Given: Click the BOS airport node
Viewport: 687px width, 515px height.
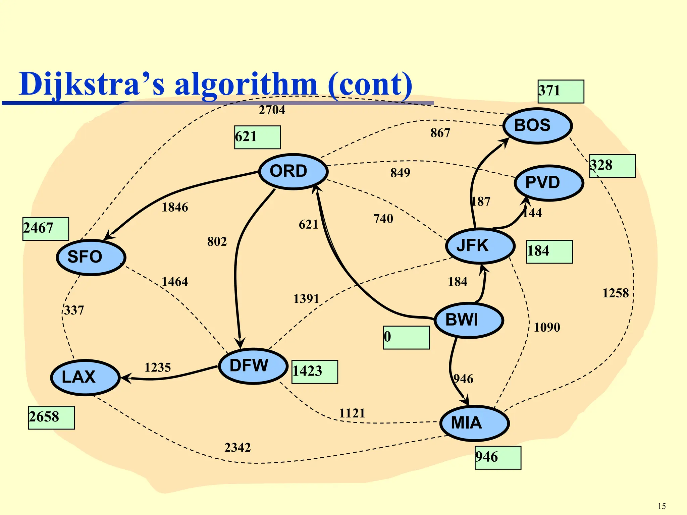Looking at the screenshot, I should point(537,126).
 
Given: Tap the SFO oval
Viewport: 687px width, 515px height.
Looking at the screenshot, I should point(91,257).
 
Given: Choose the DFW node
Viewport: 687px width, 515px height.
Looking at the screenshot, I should point(253,366).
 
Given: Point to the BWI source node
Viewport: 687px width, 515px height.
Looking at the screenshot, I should point(469,320).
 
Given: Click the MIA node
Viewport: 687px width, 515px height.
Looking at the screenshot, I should point(474,423).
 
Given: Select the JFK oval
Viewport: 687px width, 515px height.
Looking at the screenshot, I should point(480,246).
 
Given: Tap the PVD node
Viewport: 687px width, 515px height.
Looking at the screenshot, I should point(549,183).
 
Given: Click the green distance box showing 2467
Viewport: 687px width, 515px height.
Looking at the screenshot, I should point(46,229).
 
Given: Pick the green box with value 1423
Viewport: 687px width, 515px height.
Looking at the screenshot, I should point(315,372).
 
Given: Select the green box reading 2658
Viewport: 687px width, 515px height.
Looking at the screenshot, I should point(51,417).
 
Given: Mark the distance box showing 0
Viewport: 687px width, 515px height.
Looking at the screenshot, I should point(406,337).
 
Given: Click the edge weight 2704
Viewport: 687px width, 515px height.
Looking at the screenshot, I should point(272,110).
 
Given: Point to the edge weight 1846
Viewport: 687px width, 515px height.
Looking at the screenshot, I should point(175,208).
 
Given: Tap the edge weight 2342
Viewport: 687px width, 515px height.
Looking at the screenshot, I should point(237,448).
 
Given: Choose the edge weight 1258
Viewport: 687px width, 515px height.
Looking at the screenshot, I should point(615,293).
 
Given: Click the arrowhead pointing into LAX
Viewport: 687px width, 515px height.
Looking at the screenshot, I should point(125,378).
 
